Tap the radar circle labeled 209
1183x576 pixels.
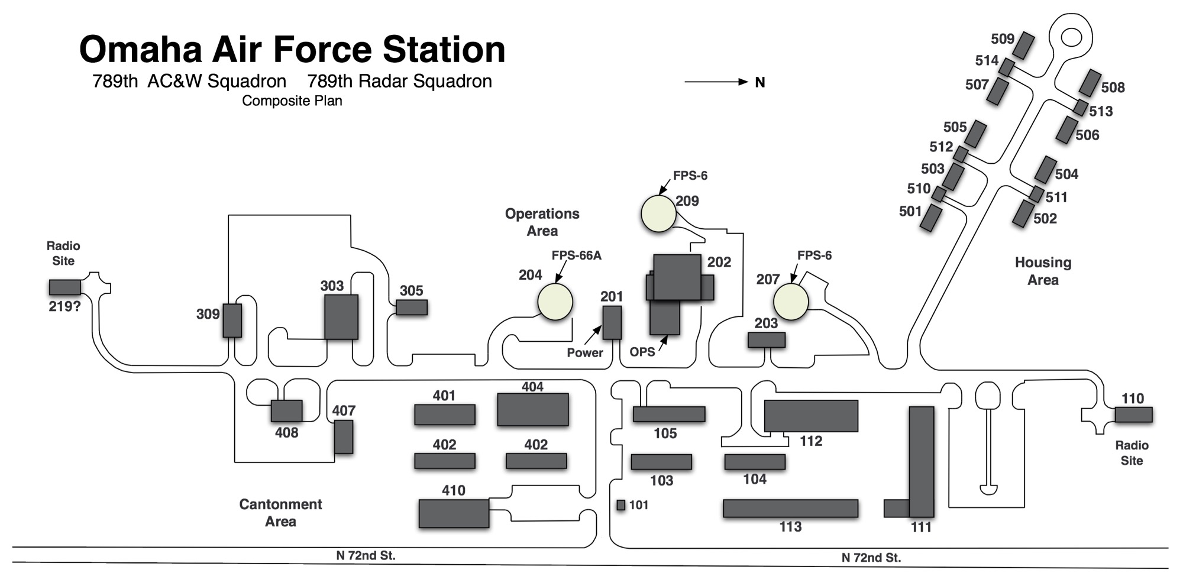tap(658, 213)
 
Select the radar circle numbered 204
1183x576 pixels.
tap(555, 302)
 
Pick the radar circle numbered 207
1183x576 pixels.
tap(791, 302)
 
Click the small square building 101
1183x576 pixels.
tap(620, 505)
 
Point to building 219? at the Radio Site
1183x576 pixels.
tap(64, 287)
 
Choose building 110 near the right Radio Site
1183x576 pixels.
tap(1133, 415)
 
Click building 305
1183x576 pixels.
tap(412, 308)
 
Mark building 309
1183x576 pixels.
tap(232, 321)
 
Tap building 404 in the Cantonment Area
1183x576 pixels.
tap(532, 409)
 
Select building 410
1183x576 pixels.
tap(454, 513)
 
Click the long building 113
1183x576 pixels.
tap(790, 509)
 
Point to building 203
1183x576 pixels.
tap(767, 340)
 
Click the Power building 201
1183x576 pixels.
tap(612, 323)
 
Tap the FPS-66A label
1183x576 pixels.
tap(576, 255)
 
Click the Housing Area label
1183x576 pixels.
tap(1043, 271)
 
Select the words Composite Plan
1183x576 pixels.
tap(292, 101)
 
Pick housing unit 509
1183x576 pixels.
tap(1023, 46)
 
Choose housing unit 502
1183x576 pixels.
tap(1022, 213)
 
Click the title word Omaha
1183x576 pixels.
tap(140, 50)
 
